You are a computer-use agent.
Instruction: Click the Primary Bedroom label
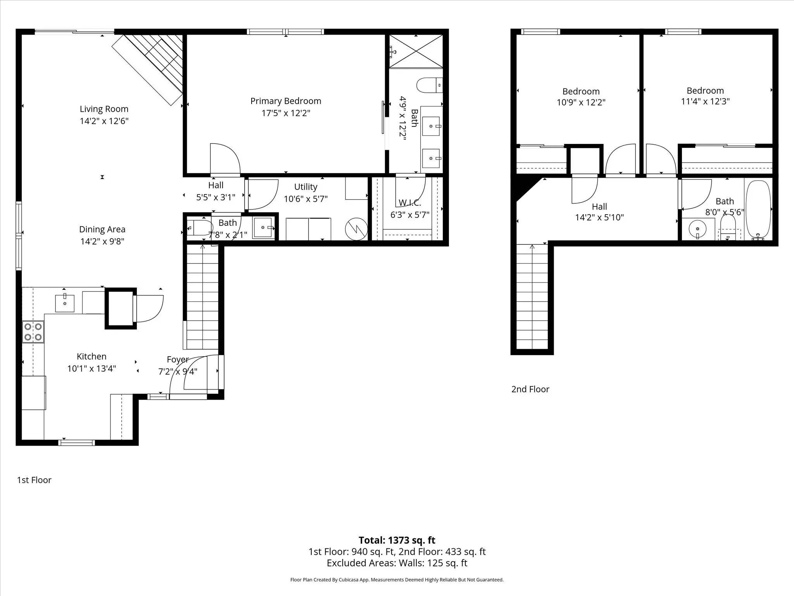pos(286,101)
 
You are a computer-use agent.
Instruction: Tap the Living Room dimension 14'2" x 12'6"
pos(104,121)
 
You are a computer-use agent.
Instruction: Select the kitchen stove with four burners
pos(33,332)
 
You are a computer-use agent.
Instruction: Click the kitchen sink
pos(65,303)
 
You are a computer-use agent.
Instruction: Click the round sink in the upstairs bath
pos(697,228)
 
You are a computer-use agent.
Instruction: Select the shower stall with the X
pos(416,51)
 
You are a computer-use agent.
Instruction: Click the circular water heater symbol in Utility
pos(356,229)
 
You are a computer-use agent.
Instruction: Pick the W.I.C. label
pos(410,203)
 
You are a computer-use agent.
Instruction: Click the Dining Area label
pos(102,229)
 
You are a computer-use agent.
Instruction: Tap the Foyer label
pos(178,360)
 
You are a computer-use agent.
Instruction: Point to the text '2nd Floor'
pos(530,389)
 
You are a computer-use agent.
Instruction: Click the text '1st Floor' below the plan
pos(34,480)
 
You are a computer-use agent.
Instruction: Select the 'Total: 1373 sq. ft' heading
pos(397,540)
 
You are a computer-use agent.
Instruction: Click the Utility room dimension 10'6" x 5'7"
pos(306,199)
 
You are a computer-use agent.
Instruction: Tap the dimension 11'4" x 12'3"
pos(705,101)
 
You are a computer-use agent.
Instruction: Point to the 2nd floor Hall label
pos(599,206)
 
